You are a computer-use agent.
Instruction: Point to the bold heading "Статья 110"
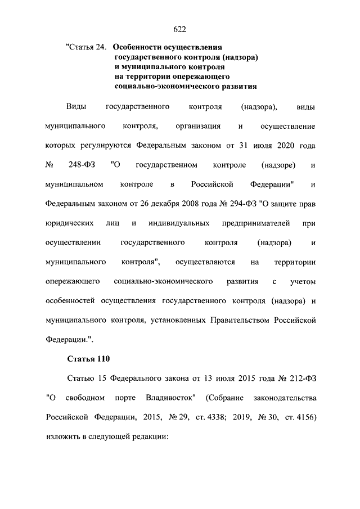88,358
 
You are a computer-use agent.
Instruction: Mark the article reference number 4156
304,417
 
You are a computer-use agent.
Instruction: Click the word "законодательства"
285,398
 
